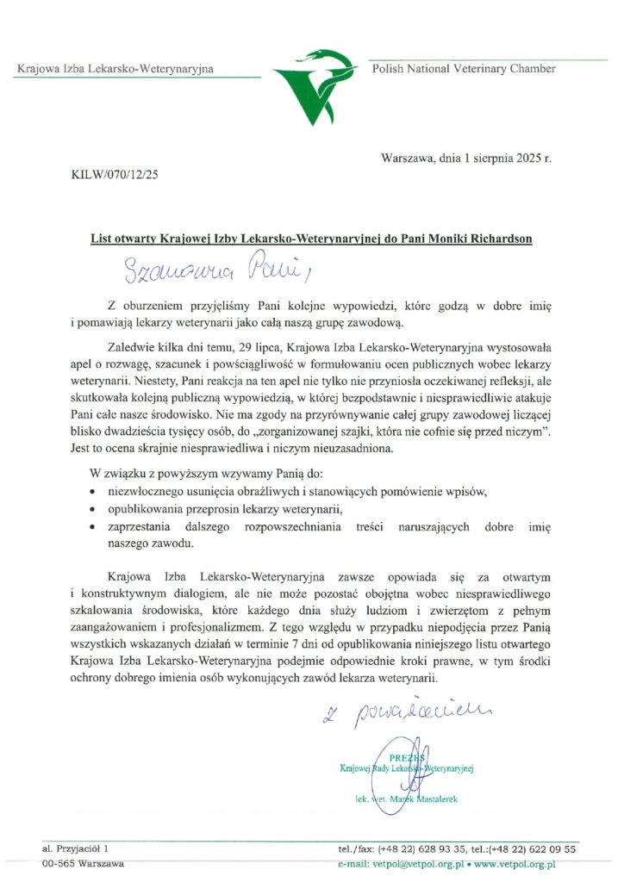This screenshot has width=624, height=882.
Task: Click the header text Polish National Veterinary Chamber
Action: click(464, 69)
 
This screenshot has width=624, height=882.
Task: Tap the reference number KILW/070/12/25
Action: click(115, 175)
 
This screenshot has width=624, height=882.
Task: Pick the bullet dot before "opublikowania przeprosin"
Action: click(93, 509)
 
